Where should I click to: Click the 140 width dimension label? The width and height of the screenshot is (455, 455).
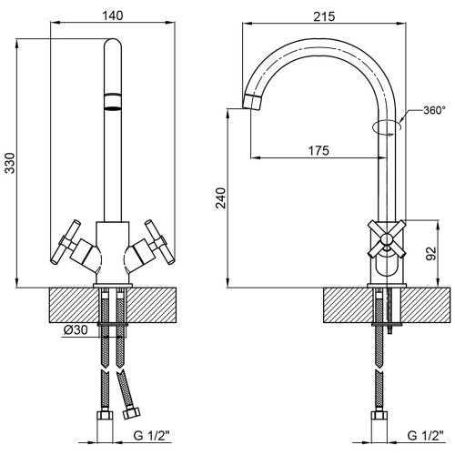(x=112, y=15)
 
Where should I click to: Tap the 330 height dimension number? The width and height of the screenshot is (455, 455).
(x=10, y=163)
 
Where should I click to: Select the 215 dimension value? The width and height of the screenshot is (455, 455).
(x=324, y=16)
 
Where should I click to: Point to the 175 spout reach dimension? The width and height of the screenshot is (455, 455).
(x=318, y=150)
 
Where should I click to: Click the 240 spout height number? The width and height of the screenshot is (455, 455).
(x=220, y=198)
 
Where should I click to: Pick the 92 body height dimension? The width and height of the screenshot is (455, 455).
(x=430, y=253)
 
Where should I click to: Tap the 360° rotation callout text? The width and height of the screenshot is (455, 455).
(x=435, y=110)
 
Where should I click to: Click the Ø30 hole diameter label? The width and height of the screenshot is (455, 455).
(x=76, y=329)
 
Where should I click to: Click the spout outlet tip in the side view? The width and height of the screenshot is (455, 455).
(x=251, y=102)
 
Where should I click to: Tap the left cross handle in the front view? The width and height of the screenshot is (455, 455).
(x=66, y=242)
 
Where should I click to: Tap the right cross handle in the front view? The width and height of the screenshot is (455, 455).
(x=160, y=242)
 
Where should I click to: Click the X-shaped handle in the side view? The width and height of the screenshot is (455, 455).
(x=387, y=238)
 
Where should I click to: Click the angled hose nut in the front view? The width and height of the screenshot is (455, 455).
(x=131, y=412)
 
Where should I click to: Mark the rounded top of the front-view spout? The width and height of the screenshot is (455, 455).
(x=113, y=43)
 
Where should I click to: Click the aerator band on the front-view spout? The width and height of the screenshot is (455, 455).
(x=113, y=101)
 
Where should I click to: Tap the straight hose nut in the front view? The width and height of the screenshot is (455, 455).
(x=105, y=415)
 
